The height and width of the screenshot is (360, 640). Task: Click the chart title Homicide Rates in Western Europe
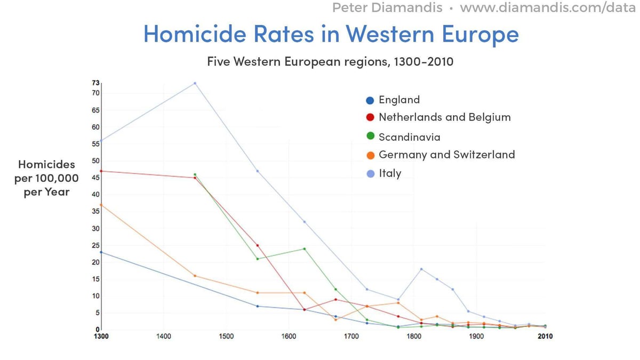tap(331, 35)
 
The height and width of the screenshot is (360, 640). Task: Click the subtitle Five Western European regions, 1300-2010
tap(330, 61)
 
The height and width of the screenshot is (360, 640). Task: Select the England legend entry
tap(399, 100)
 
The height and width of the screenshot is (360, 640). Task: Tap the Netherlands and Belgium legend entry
tap(444, 117)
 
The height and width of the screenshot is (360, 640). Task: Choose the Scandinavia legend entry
tap(409, 137)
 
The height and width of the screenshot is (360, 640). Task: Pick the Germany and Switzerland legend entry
tap(446, 155)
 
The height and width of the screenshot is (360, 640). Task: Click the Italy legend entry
tap(389, 173)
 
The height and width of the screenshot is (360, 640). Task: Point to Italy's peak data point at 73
tap(195, 83)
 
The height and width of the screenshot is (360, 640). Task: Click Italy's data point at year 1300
tap(101, 141)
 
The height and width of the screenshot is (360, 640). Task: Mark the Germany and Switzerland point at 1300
tap(101, 205)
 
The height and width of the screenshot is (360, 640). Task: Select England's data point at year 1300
tap(101, 252)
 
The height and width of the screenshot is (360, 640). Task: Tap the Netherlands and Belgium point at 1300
tap(101, 171)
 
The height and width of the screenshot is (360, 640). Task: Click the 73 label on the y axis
tap(96, 83)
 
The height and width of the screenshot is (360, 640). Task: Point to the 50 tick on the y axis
tap(96, 161)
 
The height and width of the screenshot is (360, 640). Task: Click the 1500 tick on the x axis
tap(226, 337)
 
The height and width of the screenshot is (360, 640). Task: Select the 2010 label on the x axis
tap(544, 337)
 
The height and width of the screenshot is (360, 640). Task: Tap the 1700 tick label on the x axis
tap(351, 337)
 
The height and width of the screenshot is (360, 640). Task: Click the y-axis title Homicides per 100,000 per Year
tap(46, 178)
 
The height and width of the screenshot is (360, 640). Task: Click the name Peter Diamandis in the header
tap(388, 8)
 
